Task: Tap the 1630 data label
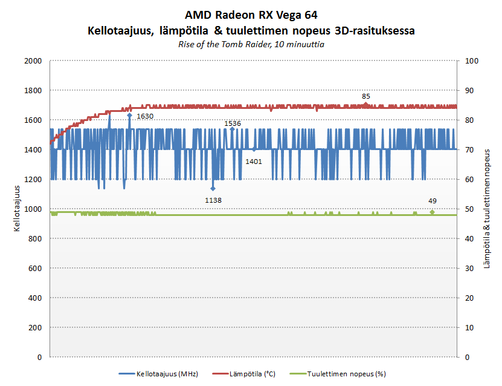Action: (x=145, y=116)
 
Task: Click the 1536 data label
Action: (x=233, y=123)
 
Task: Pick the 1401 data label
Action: (x=253, y=161)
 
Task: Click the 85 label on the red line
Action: (x=366, y=96)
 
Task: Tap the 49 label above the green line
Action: (x=432, y=201)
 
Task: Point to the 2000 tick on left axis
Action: (x=32, y=61)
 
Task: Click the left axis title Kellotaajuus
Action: (x=18, y=209)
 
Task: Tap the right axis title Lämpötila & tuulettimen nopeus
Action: (x=487, y=209)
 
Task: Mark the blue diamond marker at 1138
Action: (x=213, y=188)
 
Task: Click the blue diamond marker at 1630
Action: (x=129, y=115)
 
